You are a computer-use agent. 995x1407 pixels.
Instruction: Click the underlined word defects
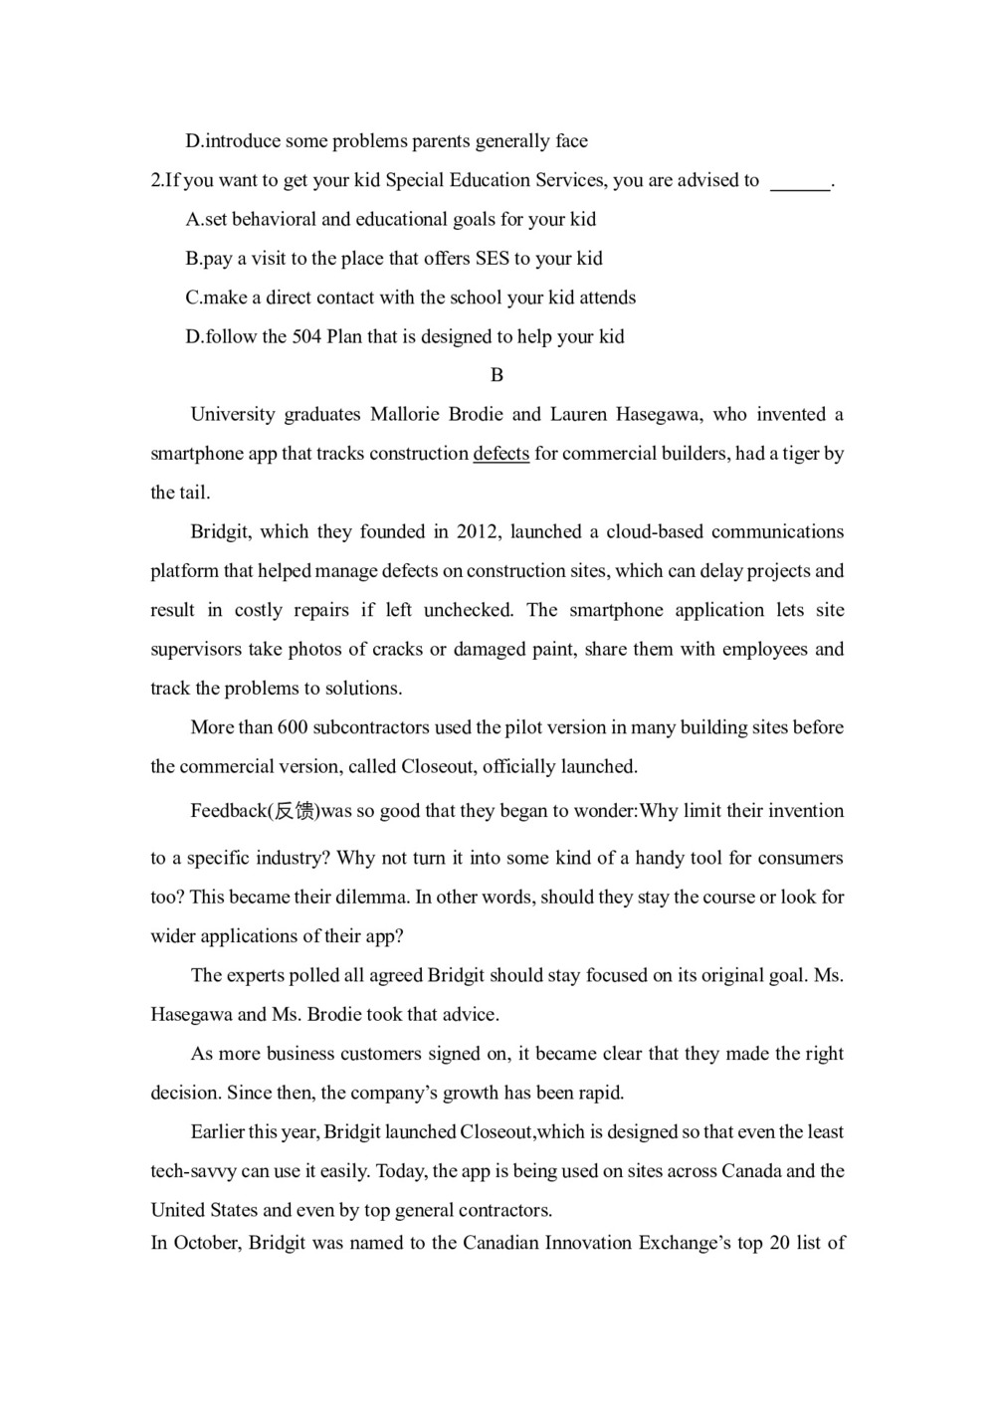point(500,454)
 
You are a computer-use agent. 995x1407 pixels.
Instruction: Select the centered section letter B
point(497,375)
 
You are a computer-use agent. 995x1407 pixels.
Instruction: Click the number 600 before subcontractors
point(293,727)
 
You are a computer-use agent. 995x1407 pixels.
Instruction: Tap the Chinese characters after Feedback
point(295,811)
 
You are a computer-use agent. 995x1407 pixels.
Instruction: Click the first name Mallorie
point(406,414)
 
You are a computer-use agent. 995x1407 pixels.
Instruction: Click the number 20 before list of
point(779,1243)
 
